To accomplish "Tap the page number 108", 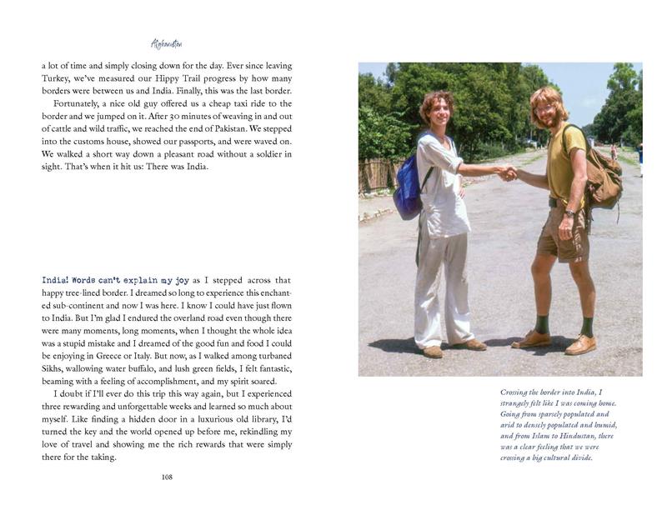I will tap(167, 477).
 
